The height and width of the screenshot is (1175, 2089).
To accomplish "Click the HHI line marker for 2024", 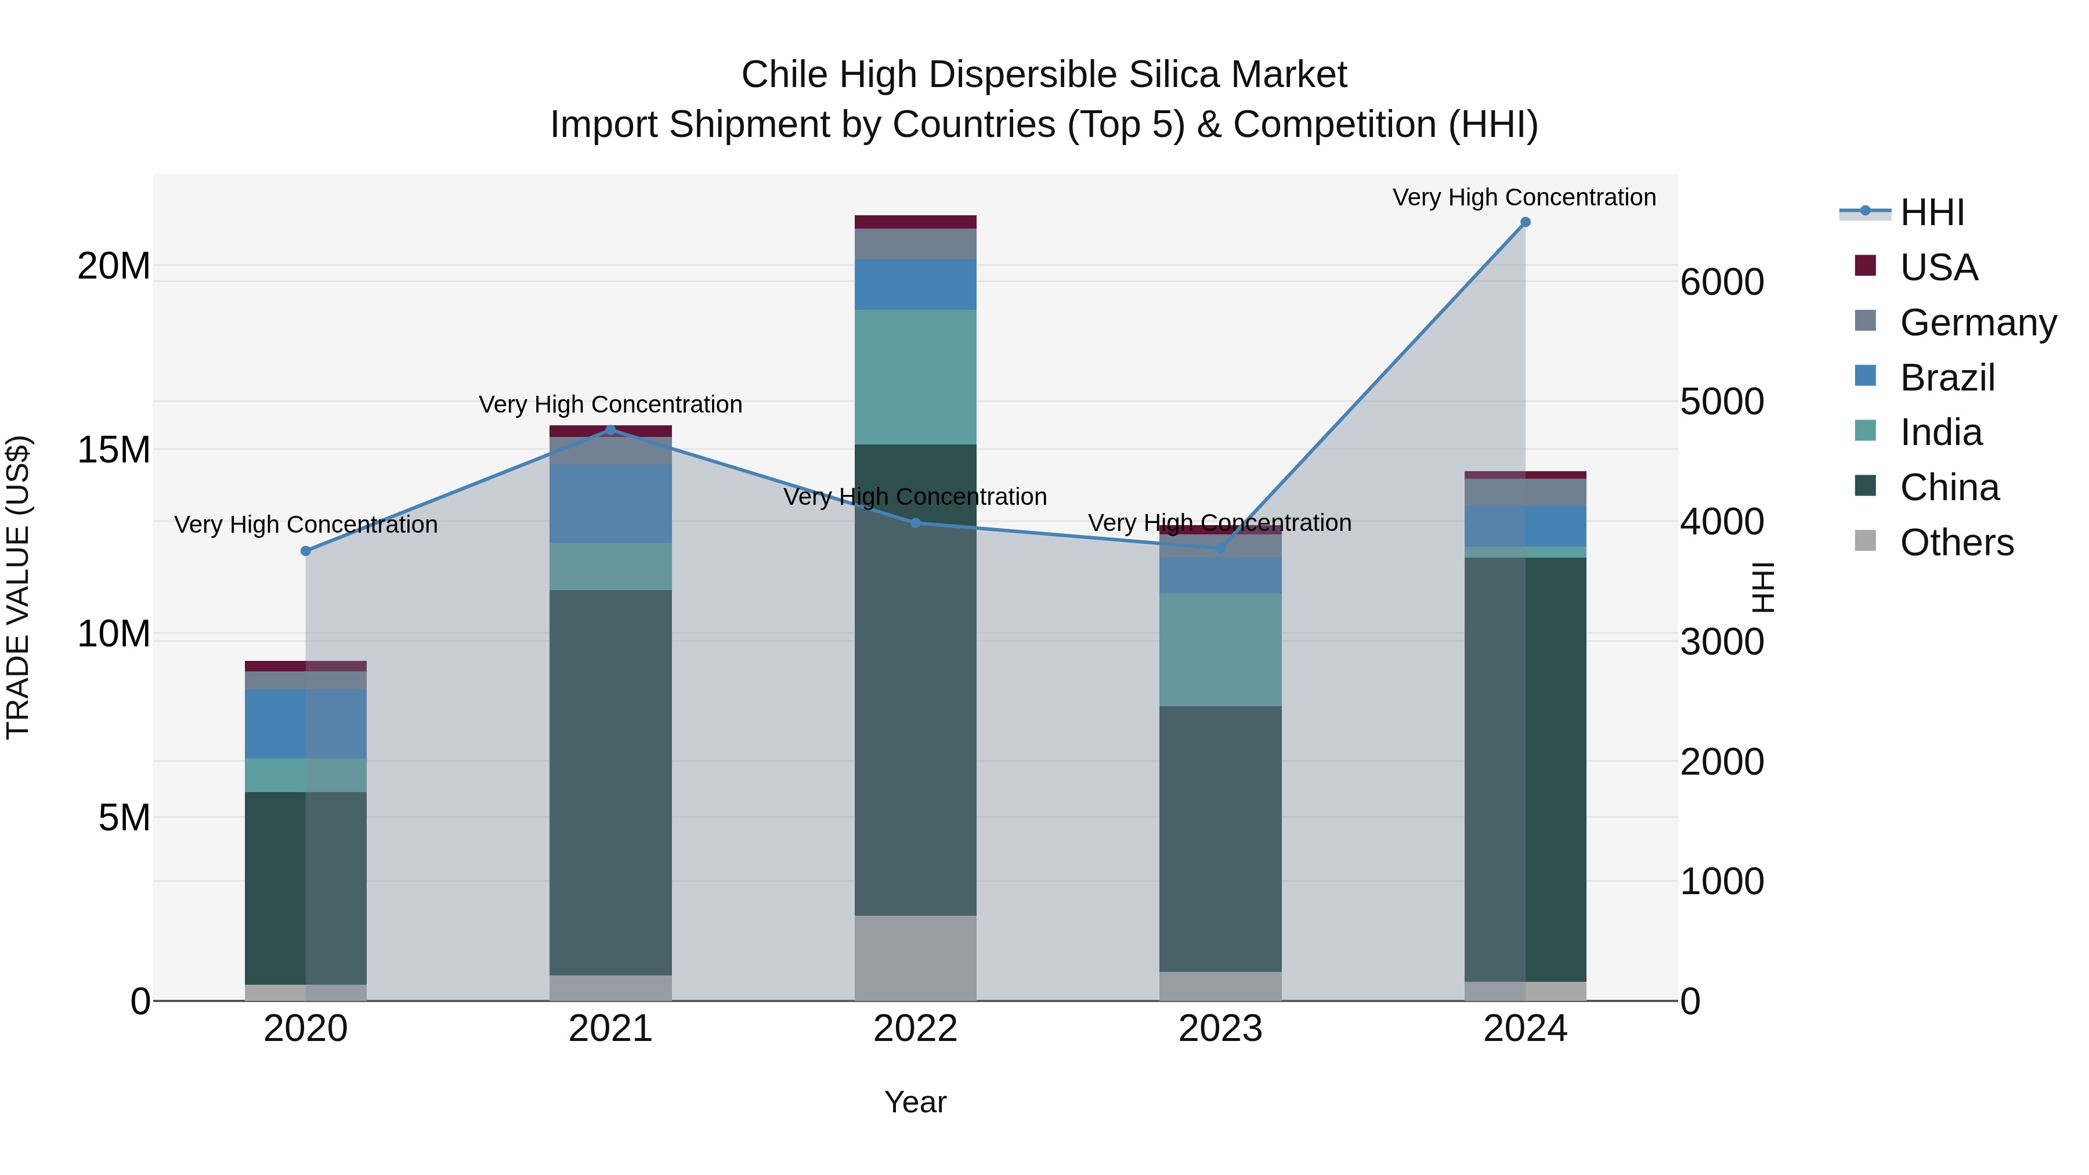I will point(1524,222).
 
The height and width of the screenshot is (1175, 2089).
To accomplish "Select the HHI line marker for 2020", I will point(306,551).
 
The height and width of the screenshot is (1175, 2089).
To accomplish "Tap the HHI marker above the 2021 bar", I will point(610,430).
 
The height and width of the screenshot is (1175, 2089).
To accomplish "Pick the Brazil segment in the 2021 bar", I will point(610,504).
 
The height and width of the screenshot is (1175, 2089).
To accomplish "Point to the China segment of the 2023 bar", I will point(1220,838).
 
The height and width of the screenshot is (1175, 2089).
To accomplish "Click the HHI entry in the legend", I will point(1932,212).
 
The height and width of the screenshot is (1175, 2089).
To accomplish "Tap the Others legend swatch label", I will point(1956,543).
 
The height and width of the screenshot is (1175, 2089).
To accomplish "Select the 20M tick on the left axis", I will point(114,266).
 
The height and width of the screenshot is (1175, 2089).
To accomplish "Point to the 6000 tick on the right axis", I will point(1722,282).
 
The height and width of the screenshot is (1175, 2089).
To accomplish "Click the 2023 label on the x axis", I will point(1220,1029).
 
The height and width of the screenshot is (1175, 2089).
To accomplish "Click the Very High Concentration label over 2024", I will point(1524,197).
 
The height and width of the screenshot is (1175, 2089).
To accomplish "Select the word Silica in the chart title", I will point(1173,75).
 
